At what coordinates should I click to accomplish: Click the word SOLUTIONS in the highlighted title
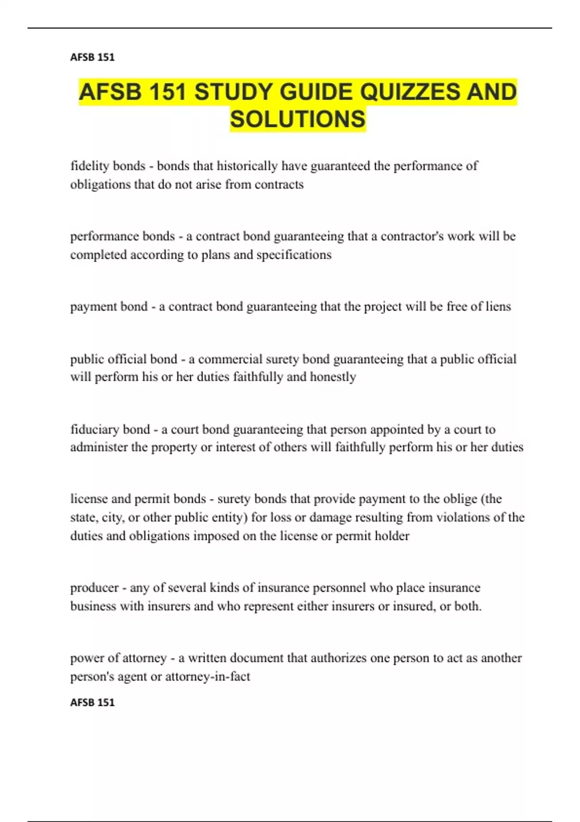[x=298, y=119]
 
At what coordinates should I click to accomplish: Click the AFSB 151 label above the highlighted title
[x=92, y=57]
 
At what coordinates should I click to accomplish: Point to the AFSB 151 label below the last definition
[x=92, y=702]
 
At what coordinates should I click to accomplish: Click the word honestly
[x=333, y=377]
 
